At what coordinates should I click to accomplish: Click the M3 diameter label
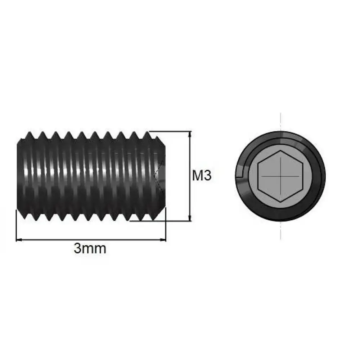[x=202, y=176]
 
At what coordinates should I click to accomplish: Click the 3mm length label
[x=90, y=248]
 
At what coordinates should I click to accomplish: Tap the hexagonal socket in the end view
[x=280, y=176]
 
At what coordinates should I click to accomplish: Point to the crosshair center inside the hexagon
[x=280, y=176]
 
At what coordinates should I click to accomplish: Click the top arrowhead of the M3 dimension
[x=190, y=134]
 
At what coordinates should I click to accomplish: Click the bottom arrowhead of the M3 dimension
[x=190, y=219]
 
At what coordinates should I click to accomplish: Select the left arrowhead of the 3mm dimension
[x=19, y=240]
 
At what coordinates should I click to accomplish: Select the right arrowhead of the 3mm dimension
[x=163, y=240]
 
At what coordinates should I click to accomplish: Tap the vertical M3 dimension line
[x=190, y=176]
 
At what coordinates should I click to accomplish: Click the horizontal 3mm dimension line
[x=91, y=240]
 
